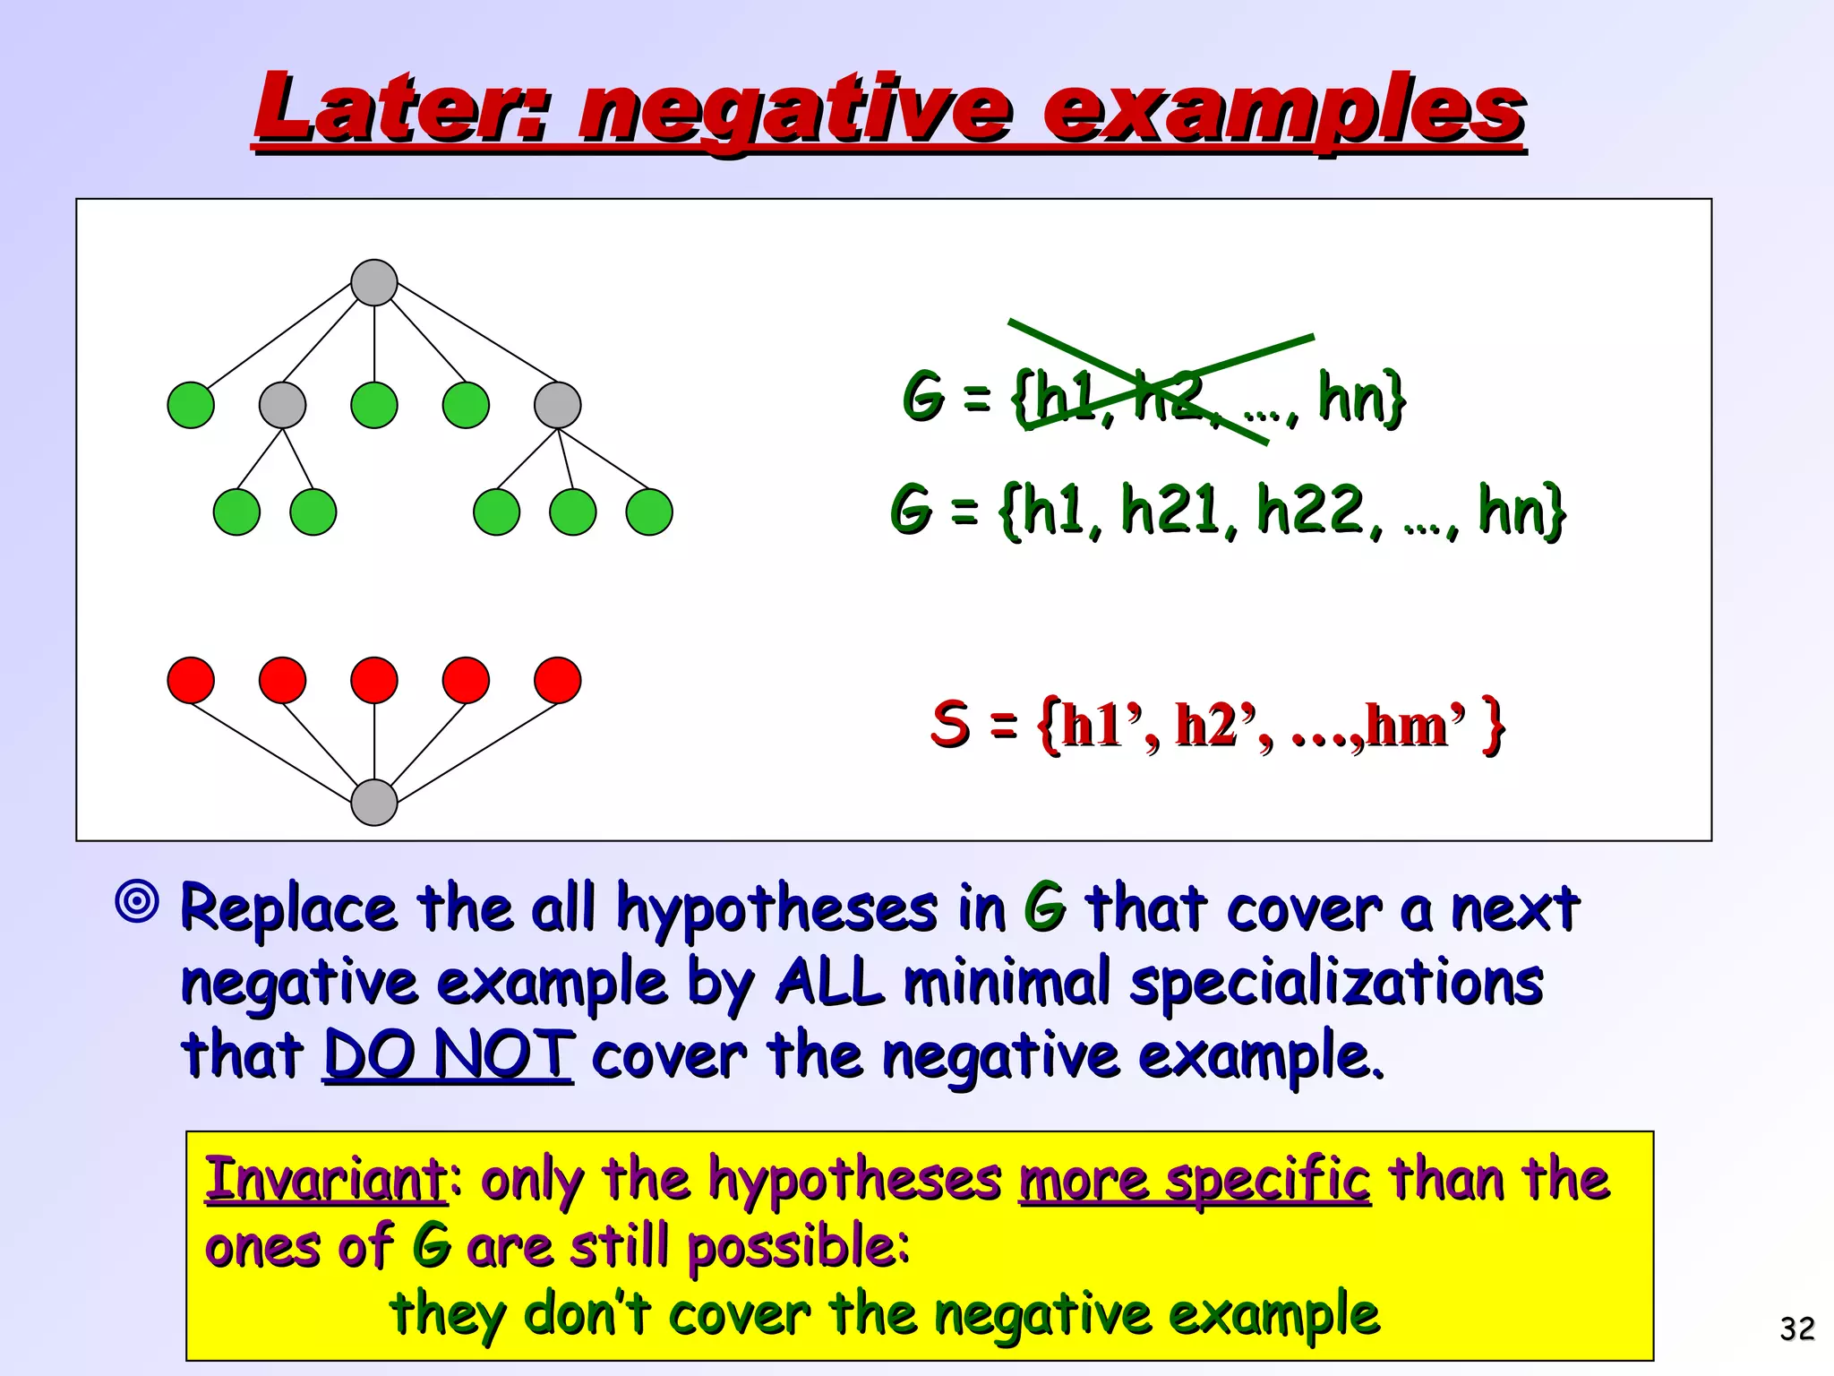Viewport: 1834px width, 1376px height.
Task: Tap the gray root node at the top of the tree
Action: (x=374, y=283)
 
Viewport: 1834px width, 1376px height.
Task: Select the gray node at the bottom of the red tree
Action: (x=374, y=802)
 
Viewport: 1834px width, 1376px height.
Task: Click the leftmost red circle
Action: (x=191, y=680)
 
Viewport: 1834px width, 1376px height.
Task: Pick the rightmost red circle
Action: (x=557, y=680)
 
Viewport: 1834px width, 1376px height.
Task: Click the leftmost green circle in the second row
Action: (x=191, y=405)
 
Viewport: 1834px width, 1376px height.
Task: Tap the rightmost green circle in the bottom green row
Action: (x=649, y=512)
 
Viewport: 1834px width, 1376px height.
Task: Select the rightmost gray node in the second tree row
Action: (x=557, y=405)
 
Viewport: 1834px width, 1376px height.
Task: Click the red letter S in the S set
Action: (x=950, y=723)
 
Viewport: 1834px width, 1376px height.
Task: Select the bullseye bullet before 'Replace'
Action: (x=137, y=901)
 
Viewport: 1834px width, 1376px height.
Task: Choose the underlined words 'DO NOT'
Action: (x=448, y=1054)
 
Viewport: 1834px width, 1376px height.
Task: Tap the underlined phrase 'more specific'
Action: (x=1195, y=1179)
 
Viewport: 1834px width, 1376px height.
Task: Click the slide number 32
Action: (x=1796, y=1328)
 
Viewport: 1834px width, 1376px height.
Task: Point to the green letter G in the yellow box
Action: (x=431, y=1246)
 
